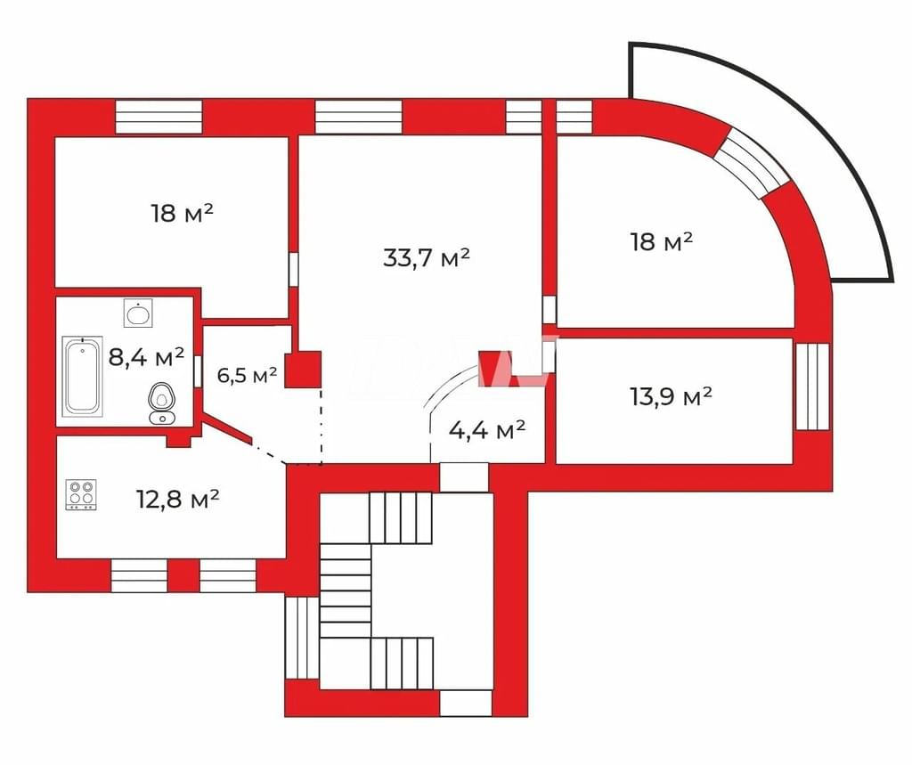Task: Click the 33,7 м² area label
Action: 427,257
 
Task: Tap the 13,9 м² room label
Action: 672,397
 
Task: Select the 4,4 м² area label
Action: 487,430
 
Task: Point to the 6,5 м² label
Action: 247,375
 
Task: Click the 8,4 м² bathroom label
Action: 147,356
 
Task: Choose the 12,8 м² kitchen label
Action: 177,499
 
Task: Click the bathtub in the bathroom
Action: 83,377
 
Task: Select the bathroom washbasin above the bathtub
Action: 138,313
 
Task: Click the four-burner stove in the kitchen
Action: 81,495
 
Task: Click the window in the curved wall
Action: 752,164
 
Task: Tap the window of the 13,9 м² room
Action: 812,387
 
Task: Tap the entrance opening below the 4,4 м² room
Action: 463,477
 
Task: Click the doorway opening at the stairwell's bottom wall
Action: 465,704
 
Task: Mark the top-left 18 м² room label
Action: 183,213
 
